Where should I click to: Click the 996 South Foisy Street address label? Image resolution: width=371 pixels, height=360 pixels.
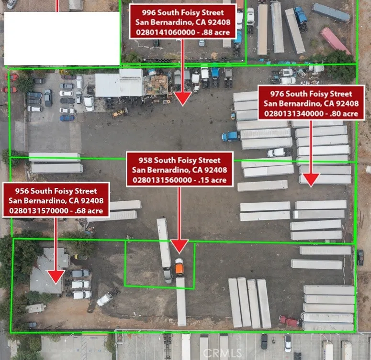[183, 22]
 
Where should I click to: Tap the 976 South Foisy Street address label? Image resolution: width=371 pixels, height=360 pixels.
[311, 103]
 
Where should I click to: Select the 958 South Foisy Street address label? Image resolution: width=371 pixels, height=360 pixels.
[180, 169]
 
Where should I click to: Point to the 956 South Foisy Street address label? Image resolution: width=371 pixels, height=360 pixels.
[56, 200]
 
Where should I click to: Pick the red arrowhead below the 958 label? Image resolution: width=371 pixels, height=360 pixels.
[180, 246]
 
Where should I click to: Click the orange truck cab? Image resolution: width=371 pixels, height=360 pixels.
[180, 268]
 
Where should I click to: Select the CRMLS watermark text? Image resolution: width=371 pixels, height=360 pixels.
[223, 353]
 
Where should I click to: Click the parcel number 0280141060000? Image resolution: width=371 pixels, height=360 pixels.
[166, 32]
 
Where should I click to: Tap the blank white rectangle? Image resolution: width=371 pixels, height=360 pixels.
[62, 39]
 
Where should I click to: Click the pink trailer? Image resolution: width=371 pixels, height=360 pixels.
[335, 41]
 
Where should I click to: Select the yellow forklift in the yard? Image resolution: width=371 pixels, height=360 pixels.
[120, 112]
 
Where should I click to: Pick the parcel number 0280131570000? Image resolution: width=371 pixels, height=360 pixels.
[39, 211]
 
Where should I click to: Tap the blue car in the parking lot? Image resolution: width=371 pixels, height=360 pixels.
[67, 118]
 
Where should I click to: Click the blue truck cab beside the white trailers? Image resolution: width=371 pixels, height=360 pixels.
[229, 137]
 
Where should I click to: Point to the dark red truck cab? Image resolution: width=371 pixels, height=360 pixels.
[289, 321]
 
